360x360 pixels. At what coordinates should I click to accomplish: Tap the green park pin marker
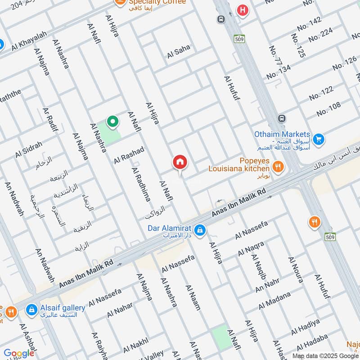pos(112,121)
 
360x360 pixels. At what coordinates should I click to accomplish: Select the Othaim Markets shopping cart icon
pos(319,139)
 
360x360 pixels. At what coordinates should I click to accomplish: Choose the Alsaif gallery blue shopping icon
pos(31,310)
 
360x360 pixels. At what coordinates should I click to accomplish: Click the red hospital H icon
pos(243,10)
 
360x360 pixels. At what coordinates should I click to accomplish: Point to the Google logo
pos(19,353)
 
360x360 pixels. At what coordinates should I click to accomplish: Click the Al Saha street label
pos(179,51)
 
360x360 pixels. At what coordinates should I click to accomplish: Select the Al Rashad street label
pos(129,154)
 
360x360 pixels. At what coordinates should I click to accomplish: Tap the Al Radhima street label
pos(141,185)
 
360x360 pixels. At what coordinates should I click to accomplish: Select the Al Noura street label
pos(296,270)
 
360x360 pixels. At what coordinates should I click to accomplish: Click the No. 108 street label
pos(328,109)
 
